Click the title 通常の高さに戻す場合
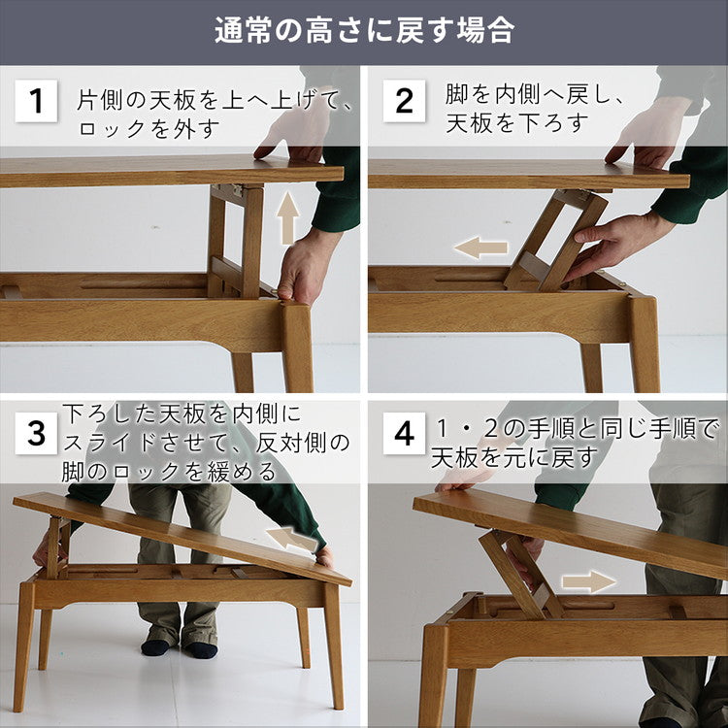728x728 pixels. [364, 30]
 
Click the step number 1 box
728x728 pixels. [36, 101]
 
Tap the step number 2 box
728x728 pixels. [404, 101]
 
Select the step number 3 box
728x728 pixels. [36, 434]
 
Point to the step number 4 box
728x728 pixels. [404, 434]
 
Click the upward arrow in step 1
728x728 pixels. [288, 218]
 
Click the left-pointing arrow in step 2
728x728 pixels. [480, 248]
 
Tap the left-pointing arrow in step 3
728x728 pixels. [291, 538]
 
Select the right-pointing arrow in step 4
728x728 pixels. [589, 581]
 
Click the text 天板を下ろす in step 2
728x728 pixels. [517, 123]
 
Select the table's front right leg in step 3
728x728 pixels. [333, 645]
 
